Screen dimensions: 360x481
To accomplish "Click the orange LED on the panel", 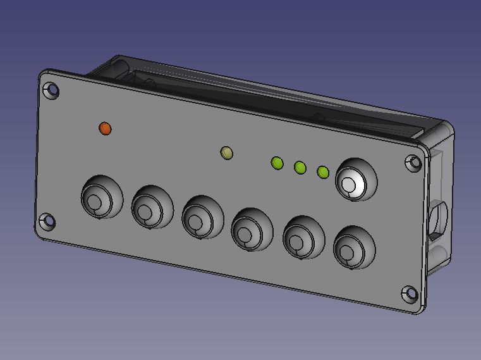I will (105, 128).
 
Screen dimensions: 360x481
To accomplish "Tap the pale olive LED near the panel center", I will (226, 152).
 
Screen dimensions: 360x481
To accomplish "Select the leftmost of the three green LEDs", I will (277, 163).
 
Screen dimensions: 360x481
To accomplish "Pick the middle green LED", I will (300, 167).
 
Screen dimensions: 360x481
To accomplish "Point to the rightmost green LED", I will (322, 172).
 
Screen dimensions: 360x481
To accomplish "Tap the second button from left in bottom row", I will (151, 208).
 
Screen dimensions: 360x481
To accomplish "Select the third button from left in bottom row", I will (202, 218).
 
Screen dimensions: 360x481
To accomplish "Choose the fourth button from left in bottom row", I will (251, 229).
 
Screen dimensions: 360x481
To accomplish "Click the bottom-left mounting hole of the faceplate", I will (47, 221).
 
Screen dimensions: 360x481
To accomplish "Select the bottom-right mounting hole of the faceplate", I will (410, 294).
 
